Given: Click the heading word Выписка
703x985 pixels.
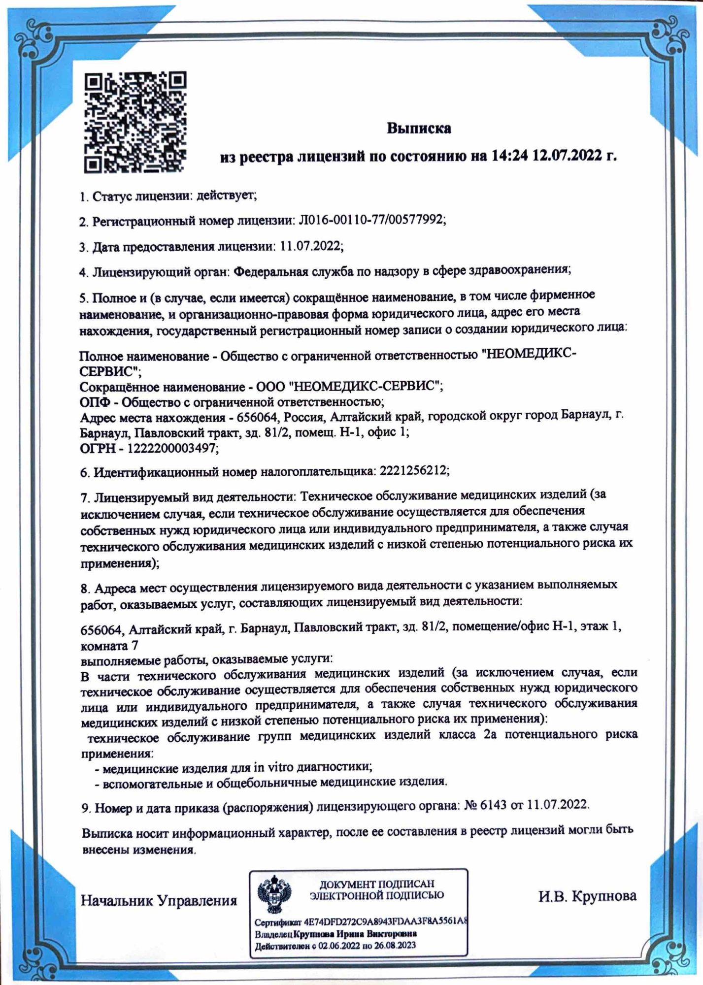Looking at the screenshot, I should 418,129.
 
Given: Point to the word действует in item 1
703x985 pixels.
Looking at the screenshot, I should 225,195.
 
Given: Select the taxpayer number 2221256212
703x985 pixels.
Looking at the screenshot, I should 413,471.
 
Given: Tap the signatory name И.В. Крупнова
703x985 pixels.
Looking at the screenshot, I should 587,895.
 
